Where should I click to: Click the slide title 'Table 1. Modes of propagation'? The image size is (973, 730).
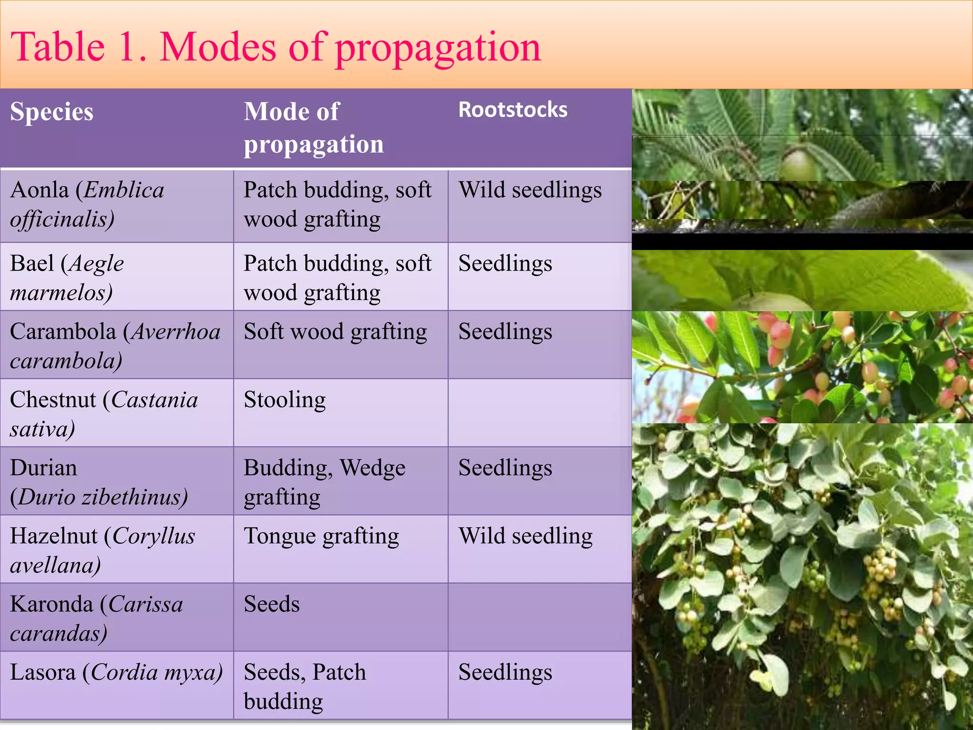276,48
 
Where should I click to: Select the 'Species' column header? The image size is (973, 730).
52,112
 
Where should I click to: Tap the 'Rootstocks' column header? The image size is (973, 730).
513,110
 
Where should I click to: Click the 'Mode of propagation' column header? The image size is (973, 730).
314,128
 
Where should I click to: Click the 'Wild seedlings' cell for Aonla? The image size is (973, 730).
530,191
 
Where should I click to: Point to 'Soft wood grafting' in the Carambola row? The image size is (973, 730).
335,332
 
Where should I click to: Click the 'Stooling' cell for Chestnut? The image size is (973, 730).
285,400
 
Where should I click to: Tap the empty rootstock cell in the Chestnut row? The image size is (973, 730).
539,413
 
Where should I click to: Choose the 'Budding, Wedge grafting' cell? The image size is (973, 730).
324,482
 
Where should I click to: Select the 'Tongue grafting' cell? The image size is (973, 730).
321,536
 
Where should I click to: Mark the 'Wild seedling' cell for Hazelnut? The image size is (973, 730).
525,536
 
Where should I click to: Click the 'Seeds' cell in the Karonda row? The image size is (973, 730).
272,604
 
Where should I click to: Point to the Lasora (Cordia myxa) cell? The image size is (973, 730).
116,672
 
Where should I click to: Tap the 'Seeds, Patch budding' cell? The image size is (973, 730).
305,686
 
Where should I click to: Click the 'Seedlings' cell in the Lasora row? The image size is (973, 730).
505,672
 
